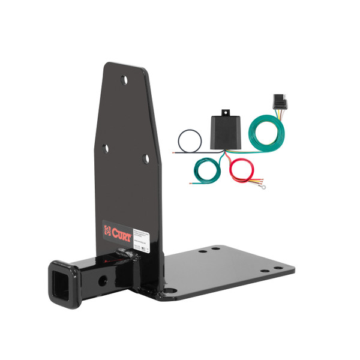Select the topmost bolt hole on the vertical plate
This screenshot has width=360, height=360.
(x=124, y=79)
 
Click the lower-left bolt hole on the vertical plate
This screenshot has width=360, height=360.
(x=106, y=148)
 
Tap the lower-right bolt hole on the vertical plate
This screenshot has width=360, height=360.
(x=145, y=158)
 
